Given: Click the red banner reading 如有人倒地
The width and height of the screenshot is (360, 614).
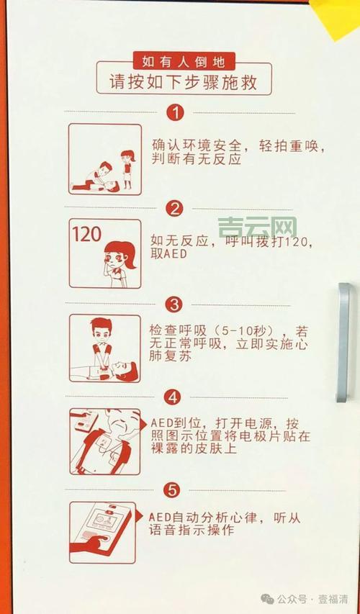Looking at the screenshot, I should [184, 61].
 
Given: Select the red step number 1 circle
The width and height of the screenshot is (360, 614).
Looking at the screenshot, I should [175, 112].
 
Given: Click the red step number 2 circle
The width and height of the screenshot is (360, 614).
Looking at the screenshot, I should [175, 209].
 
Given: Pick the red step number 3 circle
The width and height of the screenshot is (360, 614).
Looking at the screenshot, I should [175, 304].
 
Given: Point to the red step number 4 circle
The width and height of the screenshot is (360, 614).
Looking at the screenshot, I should [173, 397].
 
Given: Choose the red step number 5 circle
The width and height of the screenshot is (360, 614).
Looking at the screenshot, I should [172, 490].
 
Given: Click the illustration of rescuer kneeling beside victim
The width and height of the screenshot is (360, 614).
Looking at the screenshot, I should [105, 159].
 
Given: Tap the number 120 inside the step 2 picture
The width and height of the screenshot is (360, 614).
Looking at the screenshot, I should [87, 234].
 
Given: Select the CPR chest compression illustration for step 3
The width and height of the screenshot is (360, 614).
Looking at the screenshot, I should [105, 348].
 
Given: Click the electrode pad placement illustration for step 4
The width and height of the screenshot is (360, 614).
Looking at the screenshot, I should [105, 441].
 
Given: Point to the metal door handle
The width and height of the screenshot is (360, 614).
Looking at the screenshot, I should [343, 342].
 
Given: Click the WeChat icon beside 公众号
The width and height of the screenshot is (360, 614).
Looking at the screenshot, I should [267, 599].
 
